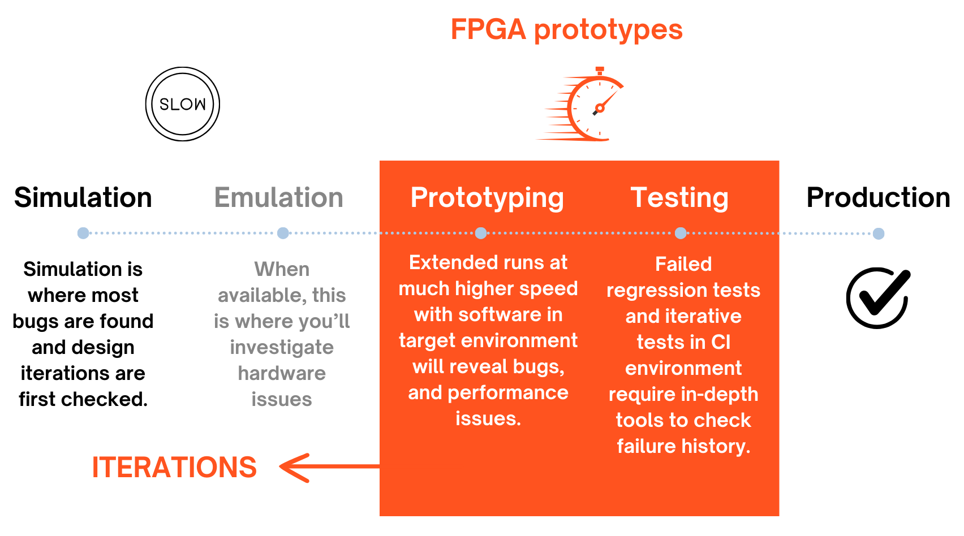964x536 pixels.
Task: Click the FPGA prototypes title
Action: (566, 30)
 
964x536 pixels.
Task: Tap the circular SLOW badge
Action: (183, 103)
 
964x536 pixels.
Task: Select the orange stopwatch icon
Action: (581, 104)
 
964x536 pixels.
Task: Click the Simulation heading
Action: (83, 197)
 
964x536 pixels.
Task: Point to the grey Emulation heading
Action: (278, 197)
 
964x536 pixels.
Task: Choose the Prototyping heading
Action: (487, 198)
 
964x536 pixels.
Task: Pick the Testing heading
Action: (679, 198)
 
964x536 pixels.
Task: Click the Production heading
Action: (878, 197)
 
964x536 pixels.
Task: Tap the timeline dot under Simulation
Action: (83, 233)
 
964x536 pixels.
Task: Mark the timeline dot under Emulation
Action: (283, 233)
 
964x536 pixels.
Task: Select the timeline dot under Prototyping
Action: (481, 233)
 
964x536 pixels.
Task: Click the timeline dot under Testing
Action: (681, 233)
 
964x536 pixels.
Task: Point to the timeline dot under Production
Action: (879, 234)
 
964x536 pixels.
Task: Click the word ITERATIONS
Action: (174, 468)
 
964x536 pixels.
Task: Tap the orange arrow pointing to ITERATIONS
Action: (329, 467)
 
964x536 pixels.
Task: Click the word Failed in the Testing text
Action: (683, 263)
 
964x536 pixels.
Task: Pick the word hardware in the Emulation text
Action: (282, 373)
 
